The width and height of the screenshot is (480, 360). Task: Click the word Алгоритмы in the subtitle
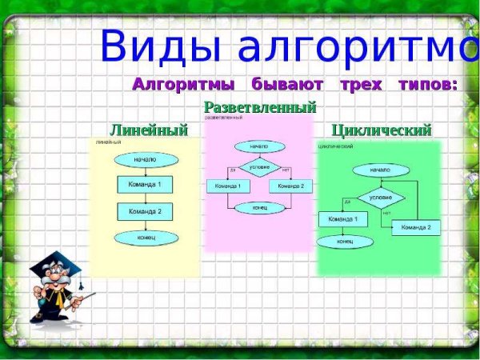tap(183, 84)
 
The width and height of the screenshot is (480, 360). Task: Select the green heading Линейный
tap(149, 130)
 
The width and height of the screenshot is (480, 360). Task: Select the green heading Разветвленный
tap(260, 107)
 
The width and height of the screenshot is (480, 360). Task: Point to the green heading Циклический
tap(381, 130)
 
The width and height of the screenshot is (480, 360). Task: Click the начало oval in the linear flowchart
tap(145, 159)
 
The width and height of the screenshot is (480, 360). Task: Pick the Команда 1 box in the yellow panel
tap(145, 185)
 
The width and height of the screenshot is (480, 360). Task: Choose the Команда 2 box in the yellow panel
tap(145, 211)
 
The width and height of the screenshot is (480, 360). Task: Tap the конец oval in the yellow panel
tap(145, 238)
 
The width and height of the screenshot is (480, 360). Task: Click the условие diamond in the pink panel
tap(259, 167)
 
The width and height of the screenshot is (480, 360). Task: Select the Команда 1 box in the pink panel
tap(229, 186)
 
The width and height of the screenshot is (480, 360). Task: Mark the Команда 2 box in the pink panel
tap(290, 186)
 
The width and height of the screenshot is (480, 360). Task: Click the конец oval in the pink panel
tap(259, 208)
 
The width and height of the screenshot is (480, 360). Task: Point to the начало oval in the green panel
tap(380, 170)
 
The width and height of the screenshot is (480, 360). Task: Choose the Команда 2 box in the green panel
tap(416, 227)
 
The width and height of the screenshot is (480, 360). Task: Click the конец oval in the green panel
tap(345, 241)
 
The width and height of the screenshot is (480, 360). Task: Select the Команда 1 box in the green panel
tap(343, 218)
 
